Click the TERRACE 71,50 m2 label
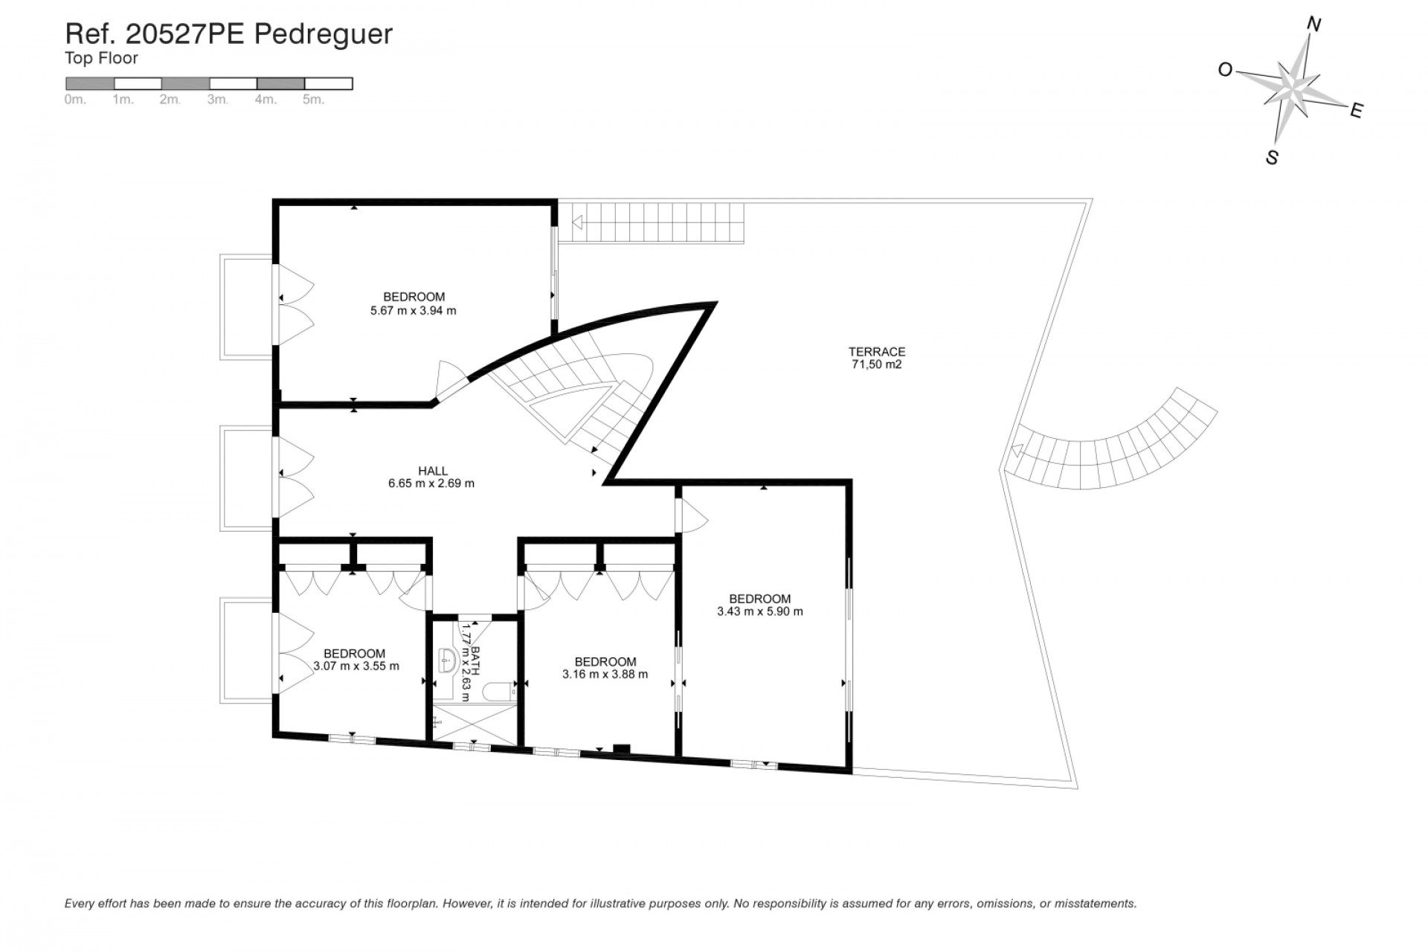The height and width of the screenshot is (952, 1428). (877, 358)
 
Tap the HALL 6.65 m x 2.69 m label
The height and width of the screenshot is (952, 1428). (431, 477)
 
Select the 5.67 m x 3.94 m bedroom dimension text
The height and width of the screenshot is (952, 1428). (413, 311)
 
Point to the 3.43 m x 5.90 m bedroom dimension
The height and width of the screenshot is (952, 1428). (759, 612)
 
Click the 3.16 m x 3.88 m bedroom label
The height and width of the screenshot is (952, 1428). (605, 668)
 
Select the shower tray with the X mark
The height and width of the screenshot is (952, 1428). (475, 724)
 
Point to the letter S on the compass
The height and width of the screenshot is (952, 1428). (1272, 158)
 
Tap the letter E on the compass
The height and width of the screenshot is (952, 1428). (1356, 111)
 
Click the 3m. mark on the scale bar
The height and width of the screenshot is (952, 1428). (217, 100)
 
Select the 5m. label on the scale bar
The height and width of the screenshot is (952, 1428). (313, 100)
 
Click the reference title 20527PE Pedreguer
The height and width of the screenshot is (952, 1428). (229, 33)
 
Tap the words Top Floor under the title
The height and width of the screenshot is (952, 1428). (101, 58)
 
